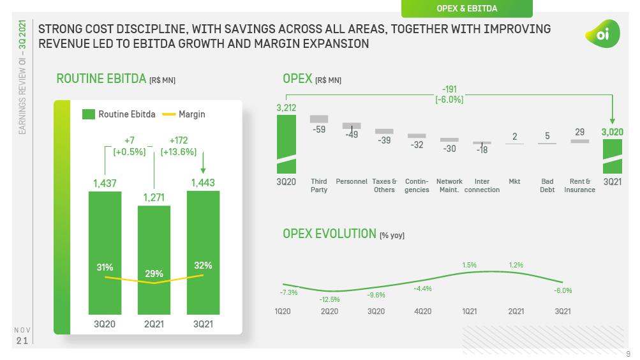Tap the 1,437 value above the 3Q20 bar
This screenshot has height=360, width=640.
coord(105,183)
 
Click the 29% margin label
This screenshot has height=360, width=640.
coord(154,273)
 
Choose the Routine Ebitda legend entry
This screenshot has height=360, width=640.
coord(119,114)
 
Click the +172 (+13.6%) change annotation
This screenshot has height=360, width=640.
coord(182,146)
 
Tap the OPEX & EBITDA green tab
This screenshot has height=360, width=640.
coord(466,8)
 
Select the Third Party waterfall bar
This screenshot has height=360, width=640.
coord(319,119)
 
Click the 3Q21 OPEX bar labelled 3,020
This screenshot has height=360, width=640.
coord(613,156)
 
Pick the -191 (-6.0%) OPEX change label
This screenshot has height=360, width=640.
coord(449,95)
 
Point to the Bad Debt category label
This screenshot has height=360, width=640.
coord(547,186)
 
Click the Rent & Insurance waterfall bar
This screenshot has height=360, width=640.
coord(579,141)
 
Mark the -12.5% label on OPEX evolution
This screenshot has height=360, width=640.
coord(330,299)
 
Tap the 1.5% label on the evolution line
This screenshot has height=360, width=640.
coord(469,265)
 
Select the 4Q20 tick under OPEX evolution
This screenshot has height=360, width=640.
coord(422,311)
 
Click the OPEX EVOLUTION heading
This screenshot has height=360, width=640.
coord(329,234)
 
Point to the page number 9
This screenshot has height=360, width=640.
coord(628,354)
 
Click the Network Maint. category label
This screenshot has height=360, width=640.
coord(449,186)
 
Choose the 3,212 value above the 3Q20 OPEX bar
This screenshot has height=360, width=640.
coord(287,108)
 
